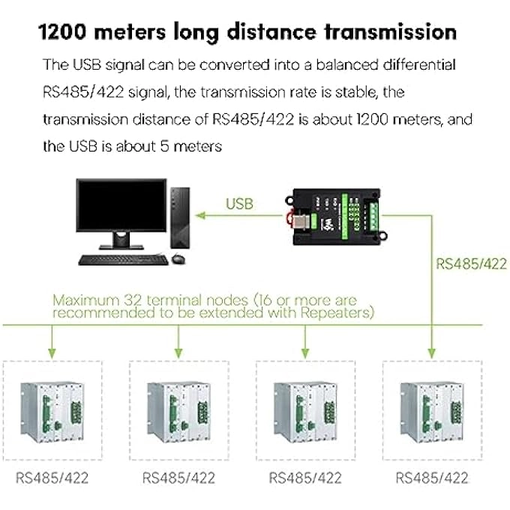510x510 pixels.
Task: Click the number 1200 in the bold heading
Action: [62, 32]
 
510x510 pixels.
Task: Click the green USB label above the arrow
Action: [239, 204]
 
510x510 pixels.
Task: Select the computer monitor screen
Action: [121, 205]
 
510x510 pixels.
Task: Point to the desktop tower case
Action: [180, 218]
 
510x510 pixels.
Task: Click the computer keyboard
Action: [123, 260]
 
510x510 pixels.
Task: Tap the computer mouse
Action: [178, 259]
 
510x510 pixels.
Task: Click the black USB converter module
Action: [337, 217]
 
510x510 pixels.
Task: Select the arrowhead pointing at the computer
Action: [200, 215]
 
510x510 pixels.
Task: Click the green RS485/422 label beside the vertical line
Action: [471, 264]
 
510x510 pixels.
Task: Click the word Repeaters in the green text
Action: [337, 313]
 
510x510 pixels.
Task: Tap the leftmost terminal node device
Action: [52, 412]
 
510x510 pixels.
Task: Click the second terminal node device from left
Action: [178, 412]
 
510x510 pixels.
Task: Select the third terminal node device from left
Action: [305, 412]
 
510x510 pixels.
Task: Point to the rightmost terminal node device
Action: [431, 412]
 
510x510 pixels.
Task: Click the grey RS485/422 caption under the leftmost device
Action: [52, 478]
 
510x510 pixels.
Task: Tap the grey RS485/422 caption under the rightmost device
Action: [432, 478]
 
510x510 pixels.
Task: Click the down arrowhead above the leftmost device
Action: [52, 354]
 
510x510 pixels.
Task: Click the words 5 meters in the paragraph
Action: [191, 146]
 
